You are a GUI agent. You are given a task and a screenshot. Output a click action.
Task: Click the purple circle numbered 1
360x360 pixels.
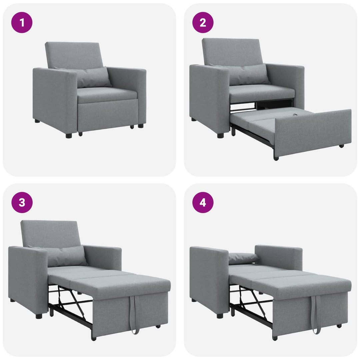pos(22,23)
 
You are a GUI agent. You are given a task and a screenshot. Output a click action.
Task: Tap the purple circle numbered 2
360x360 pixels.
pos(203,23)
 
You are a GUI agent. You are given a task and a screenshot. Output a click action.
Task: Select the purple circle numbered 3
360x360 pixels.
pos(22,203)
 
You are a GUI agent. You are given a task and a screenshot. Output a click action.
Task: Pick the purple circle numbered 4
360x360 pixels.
pos(203,203)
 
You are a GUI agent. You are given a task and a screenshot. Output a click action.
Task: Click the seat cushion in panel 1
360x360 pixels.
pos(107,95)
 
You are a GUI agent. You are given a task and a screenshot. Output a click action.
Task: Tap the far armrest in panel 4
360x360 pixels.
pos(278,257)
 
